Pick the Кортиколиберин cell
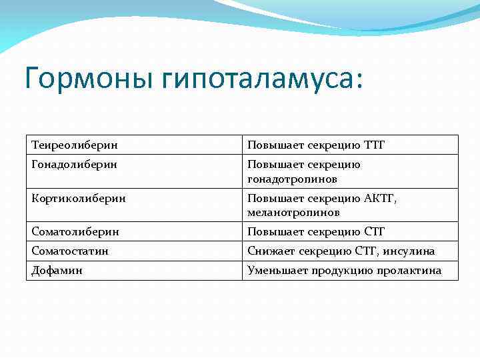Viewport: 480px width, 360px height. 78,198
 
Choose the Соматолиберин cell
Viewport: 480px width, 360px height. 75,231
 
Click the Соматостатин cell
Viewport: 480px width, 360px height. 70,251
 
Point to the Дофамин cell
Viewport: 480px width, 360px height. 57,271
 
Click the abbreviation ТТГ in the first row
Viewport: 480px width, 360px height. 375,145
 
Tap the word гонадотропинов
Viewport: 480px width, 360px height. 292,179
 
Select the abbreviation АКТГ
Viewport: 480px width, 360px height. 380,198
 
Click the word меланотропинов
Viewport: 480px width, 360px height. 293,213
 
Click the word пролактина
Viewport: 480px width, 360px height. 412,271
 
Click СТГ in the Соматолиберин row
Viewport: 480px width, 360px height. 375,231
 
